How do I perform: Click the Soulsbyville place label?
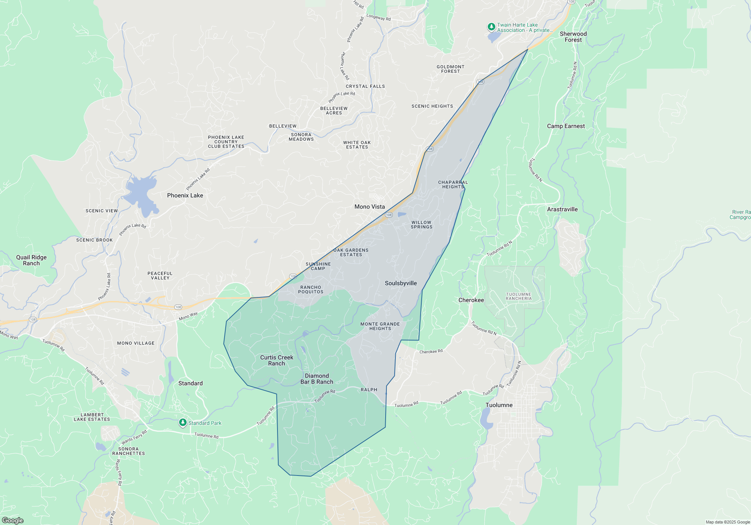click(401, 283)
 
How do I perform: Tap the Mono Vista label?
click(369, 207)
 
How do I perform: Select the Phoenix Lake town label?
click(185, 195)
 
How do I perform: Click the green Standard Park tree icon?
click(183, 423)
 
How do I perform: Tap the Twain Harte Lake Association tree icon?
click(491, 27)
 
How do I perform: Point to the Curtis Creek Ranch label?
click(276, 360)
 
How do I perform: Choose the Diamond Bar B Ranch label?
click(317, 379)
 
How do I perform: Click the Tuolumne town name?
click(499, 405)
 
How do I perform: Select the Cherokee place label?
click(471, 300)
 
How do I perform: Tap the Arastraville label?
click(562, 209)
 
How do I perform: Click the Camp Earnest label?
click(566, 126)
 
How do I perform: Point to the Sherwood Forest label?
click(573, 37)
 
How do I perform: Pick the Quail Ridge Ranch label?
click(32, 260)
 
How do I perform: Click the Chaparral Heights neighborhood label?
click(453, 184)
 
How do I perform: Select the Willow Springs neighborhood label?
click(421, 225)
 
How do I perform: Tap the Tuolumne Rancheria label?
click(519, 296)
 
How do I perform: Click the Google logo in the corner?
click(13, 520)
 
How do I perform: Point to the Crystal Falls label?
click(365, 86)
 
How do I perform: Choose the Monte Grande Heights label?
click(380, 326)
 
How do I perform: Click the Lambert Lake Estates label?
click(92, 417)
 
